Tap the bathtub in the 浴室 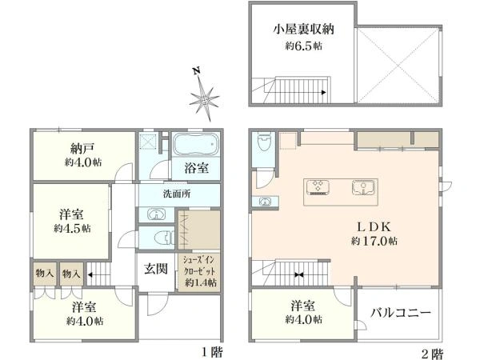coord(196,145)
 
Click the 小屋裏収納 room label coord(303,30)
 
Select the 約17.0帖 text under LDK coord(374,242)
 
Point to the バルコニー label coord(401,313)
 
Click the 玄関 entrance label coord(156,269)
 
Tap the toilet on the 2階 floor coord(264,141)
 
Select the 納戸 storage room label coord(82,149)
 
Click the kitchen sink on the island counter coord(362,187)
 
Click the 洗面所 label coord(177,194)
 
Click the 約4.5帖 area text coord(72,228)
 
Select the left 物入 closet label coord(45,273)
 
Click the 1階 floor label coord(212,352)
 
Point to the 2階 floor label coord(433,354)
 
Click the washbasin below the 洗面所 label coord(157,214)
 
